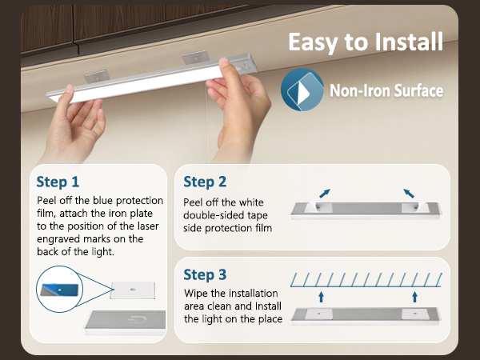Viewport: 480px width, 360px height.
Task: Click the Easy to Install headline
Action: [366, 42]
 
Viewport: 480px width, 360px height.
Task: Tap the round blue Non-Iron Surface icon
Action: [302, 90]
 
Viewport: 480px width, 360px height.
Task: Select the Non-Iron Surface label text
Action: [386, 90]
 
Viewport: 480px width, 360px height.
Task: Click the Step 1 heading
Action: [58, 182]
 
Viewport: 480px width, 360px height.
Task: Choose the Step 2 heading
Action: [205, 182]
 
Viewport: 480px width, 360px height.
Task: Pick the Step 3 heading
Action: [205, 274]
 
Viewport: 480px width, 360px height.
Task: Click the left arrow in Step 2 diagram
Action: [325, 193]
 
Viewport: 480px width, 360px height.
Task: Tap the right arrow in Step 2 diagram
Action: [409, 193]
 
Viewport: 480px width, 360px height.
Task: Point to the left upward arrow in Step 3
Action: [321, 297]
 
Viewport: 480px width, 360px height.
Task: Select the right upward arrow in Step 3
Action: [414, 297]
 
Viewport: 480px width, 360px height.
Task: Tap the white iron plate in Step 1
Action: [133, 290]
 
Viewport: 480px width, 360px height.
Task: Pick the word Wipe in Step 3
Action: [196, 294]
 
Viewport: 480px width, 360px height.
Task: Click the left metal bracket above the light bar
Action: [97, 77]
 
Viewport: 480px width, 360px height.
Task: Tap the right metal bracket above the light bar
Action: [196, 58]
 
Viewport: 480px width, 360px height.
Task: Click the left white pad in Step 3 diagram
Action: [319, 314]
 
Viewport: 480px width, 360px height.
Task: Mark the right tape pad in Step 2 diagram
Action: [415, 207]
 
